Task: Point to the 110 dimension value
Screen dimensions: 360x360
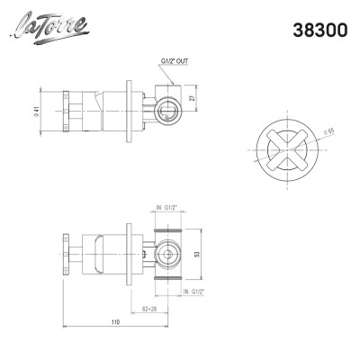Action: [x=115, y=321]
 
